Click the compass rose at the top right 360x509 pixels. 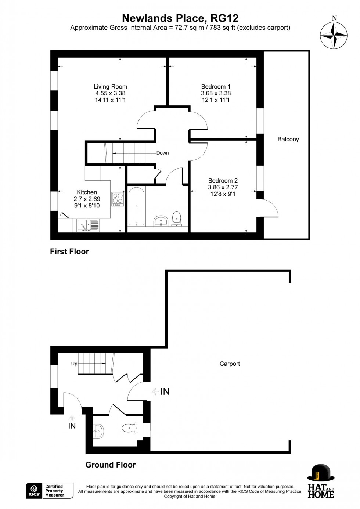point(334,35)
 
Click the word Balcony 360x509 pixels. point(288,139)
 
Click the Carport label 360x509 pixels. point(230,364)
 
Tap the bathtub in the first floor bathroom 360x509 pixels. point(136,206)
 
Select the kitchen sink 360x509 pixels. point(88,225)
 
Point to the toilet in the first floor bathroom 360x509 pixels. point(177,218)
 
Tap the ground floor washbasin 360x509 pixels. point(98,431)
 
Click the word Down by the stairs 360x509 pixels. point(162,153)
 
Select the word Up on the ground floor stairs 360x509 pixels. point(74,364)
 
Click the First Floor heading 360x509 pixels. point(69,252)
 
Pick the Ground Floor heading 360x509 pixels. point(111,465)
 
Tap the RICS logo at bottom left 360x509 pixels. point(34,491)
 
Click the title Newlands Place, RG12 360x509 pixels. point(180,18)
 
